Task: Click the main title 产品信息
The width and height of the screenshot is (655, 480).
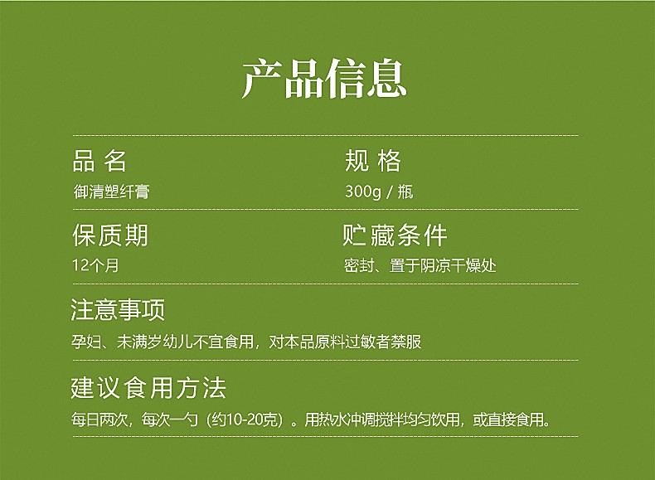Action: (324, 79)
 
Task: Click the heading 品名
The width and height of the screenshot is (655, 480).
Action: (99, 161)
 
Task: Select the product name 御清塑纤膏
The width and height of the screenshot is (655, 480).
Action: (112, 192)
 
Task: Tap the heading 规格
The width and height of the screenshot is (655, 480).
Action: (373, 161)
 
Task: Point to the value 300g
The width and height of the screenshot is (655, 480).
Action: (363, 192)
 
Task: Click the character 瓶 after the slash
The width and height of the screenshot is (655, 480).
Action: (405, 192)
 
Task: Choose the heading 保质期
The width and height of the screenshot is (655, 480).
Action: (110, 235)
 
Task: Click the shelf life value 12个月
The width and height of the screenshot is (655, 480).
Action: (95, 265)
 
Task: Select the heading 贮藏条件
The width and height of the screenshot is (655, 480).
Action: (395, 235)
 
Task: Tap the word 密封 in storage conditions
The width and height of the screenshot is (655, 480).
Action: (359, 265)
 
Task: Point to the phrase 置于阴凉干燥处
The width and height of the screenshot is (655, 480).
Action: (443, 265)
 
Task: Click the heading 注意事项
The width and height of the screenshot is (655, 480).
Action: (118, 309)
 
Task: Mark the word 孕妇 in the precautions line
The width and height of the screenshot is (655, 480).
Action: (86, 342)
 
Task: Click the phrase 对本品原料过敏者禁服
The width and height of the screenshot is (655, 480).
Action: (345, 342)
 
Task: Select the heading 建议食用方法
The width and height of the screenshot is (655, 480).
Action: (148, 388)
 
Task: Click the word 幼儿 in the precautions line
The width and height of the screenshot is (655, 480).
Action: (177, 342)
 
